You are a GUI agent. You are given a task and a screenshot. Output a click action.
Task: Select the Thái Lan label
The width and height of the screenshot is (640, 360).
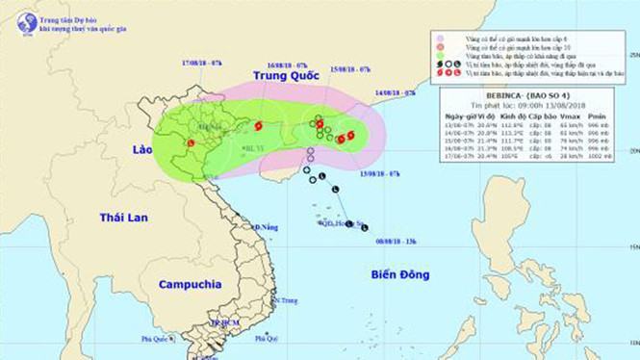[124, 218]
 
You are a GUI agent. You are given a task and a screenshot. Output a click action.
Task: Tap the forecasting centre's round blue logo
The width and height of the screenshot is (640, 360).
[26, 22]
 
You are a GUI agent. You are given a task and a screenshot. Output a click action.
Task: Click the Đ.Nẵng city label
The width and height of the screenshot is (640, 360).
[265, 227]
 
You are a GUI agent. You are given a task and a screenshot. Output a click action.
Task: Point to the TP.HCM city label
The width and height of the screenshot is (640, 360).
[223, 323]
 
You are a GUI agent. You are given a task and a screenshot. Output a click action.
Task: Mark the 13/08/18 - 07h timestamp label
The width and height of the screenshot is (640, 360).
[355, 174]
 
